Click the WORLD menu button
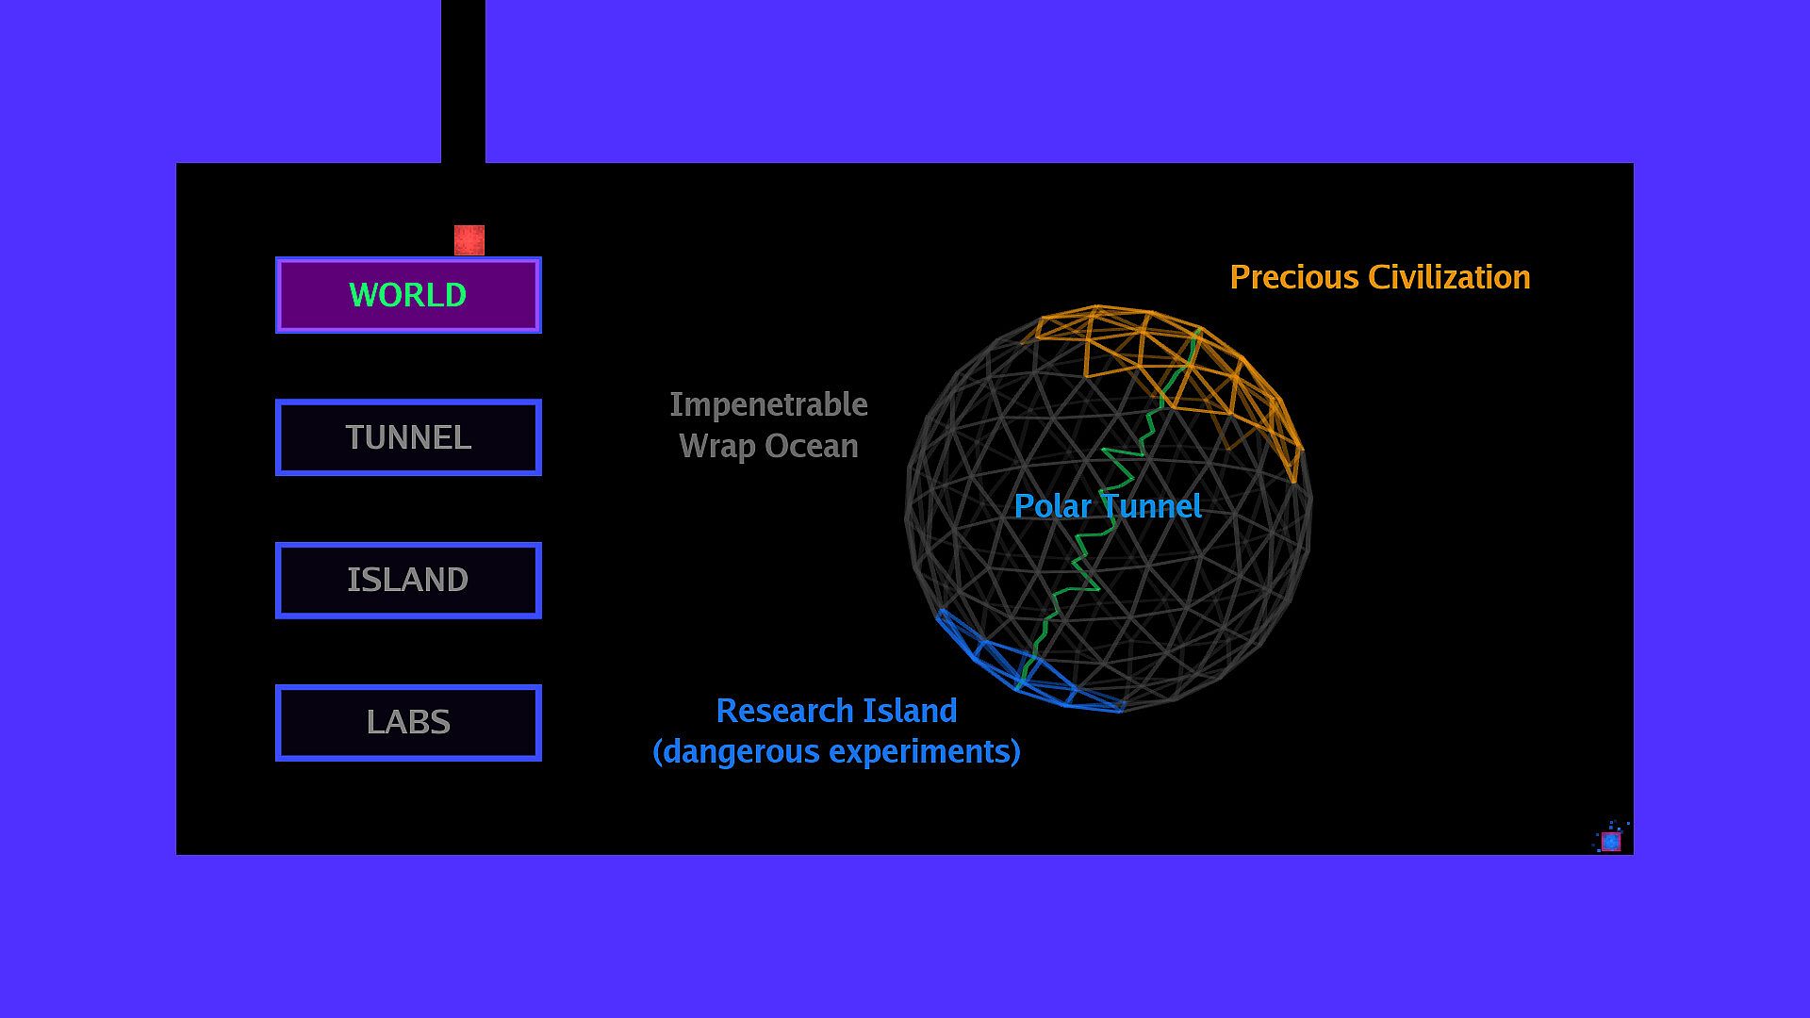[408, 295]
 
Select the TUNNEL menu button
[408, 437]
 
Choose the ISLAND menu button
[408, 580]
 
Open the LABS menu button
[408, 722]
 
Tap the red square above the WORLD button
[469, 239]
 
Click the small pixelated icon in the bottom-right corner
[1611, 839]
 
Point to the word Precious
[1294, 277]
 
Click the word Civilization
[1449, 277]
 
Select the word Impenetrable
[768, 405]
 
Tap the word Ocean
[812, 446]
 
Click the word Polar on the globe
[1052, 506]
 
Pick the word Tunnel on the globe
[1151, 506]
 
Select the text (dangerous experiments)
[837, 752]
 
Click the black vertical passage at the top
[463, 81]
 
